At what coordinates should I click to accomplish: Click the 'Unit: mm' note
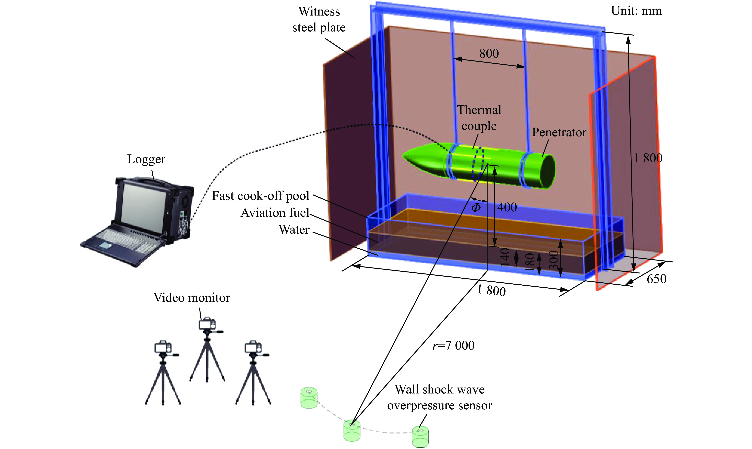click(x=636, y=11)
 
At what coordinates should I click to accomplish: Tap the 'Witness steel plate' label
click(x=319, y=19)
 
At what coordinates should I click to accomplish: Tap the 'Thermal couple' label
click(x=479, y=118)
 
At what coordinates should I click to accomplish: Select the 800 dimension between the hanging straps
click(x=489, y=54)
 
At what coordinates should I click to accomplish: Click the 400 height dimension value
click(x=507, y=207)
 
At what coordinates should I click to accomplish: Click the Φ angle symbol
click(x=476, y=208)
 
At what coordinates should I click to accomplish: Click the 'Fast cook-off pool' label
click(x=260, y=196)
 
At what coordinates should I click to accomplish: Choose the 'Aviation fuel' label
click(x=275, y=213)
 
